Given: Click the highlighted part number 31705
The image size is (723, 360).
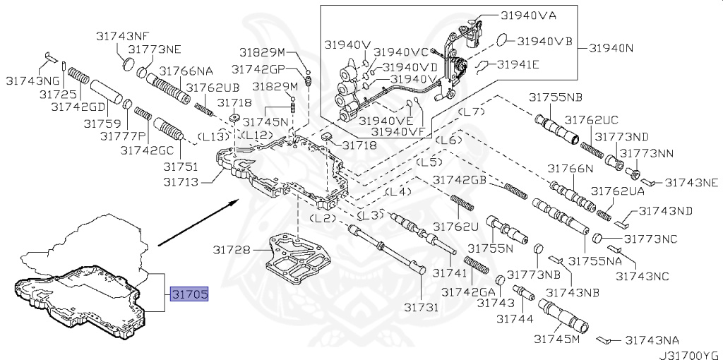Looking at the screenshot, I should tap(189, 295).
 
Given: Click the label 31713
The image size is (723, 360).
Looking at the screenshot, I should tap(181, 182).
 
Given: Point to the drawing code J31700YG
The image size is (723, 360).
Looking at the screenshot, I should tap(690, 351).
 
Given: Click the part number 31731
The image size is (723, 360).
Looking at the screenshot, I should tap(422, 307).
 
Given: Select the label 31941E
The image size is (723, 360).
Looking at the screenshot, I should tap(518, 65).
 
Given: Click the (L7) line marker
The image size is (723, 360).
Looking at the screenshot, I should tap(470, 112).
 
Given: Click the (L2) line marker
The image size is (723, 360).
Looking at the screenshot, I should tap(323, 218).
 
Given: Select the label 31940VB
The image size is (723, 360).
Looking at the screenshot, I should tap(544, 40).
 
